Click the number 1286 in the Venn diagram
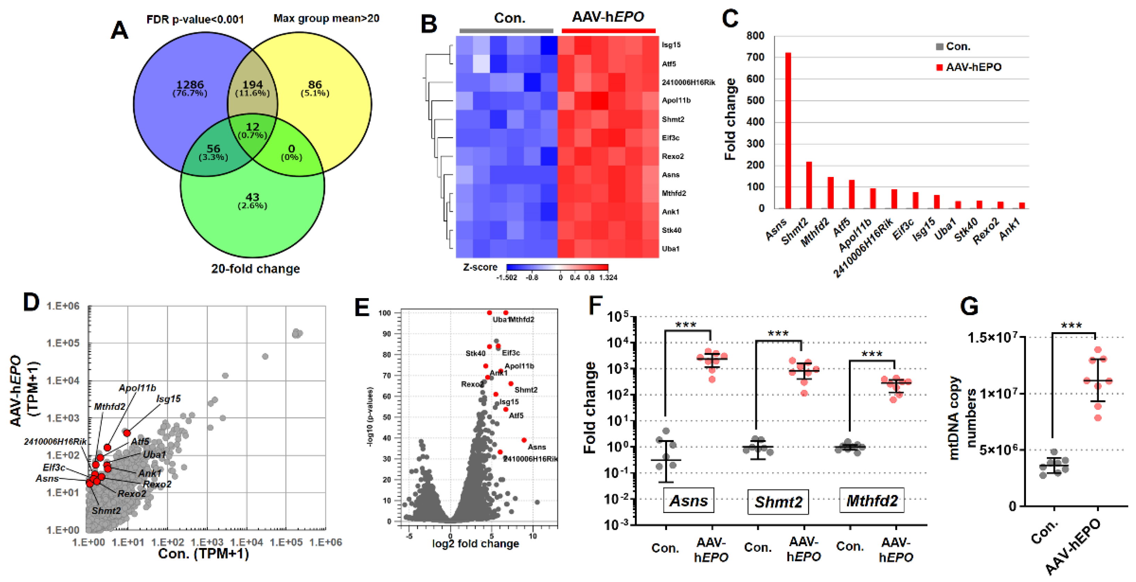pyautogui.click(x=190, y=84)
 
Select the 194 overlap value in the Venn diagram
pyautogui.click(x=252, y=84)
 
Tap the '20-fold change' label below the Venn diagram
pyautogui.click(x=255, y=269)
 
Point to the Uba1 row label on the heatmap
pyautogui.click(x=670, y=249)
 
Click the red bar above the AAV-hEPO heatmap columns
pyautogui.click(x=608, y=31)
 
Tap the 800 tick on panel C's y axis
pyautogui.click(x=755, y=36)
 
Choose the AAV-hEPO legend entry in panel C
pyautogui.click(x=973, y=67)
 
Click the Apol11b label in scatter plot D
pyautogui.click(x=137, y=388)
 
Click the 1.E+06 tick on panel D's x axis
pyautogui.click(x=326, y=542)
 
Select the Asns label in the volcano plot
pyautogui.click(x=537, y=447)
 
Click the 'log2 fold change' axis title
pyautogui.click(x=476, y=543)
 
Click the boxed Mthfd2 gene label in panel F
pyautogui.click(x=872, y=500)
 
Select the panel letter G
pyautogui.click(x=969, y=306)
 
